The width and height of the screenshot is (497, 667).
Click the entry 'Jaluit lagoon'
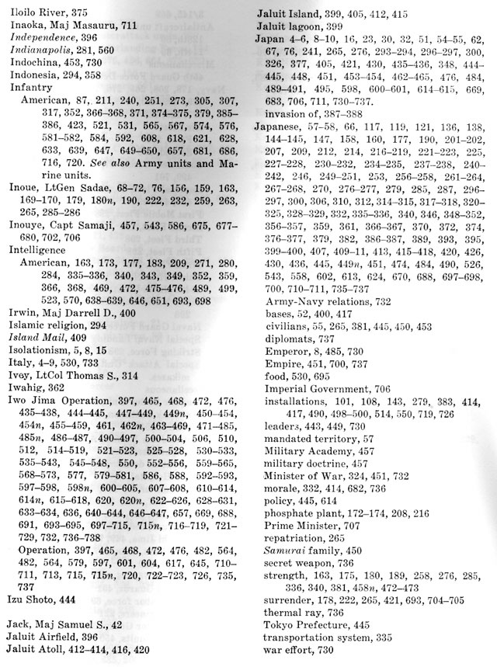click(290, 24)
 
